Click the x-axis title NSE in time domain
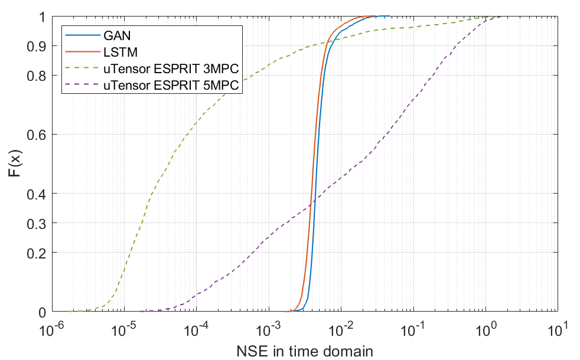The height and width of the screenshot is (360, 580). click(305, 352)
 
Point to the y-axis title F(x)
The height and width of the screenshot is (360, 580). click(16, 165)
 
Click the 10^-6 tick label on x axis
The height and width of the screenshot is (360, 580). click(51, 328)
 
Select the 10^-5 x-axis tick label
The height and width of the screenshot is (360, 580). click(124, 328)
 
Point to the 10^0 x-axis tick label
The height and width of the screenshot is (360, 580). click(487, 328)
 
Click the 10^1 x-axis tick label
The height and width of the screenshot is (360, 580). click(559, 328)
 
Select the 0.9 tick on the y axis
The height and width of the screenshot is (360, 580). click(38, 46)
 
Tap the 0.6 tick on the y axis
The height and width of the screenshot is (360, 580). click(38, 135)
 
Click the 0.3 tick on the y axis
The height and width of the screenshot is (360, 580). click(38, 223)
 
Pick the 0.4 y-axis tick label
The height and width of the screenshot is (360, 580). click(38, 194)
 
